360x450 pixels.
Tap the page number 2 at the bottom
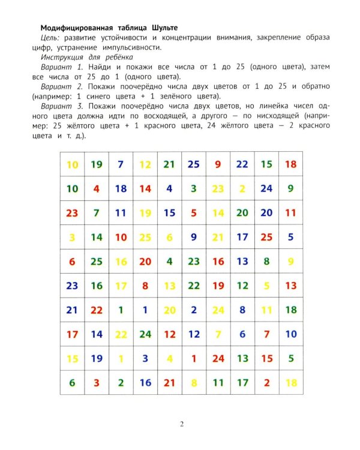click(182, 424)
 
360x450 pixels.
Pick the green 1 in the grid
click(121, 310)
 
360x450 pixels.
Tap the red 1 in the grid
click(194, 359)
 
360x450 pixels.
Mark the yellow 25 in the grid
click(145, 237)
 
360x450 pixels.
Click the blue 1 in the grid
click(145, 310)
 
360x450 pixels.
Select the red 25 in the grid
click(266, 237)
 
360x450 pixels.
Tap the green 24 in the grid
click(145, 334)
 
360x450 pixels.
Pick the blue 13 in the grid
click(242, 261)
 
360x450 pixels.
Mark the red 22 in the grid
click(97, 310)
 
